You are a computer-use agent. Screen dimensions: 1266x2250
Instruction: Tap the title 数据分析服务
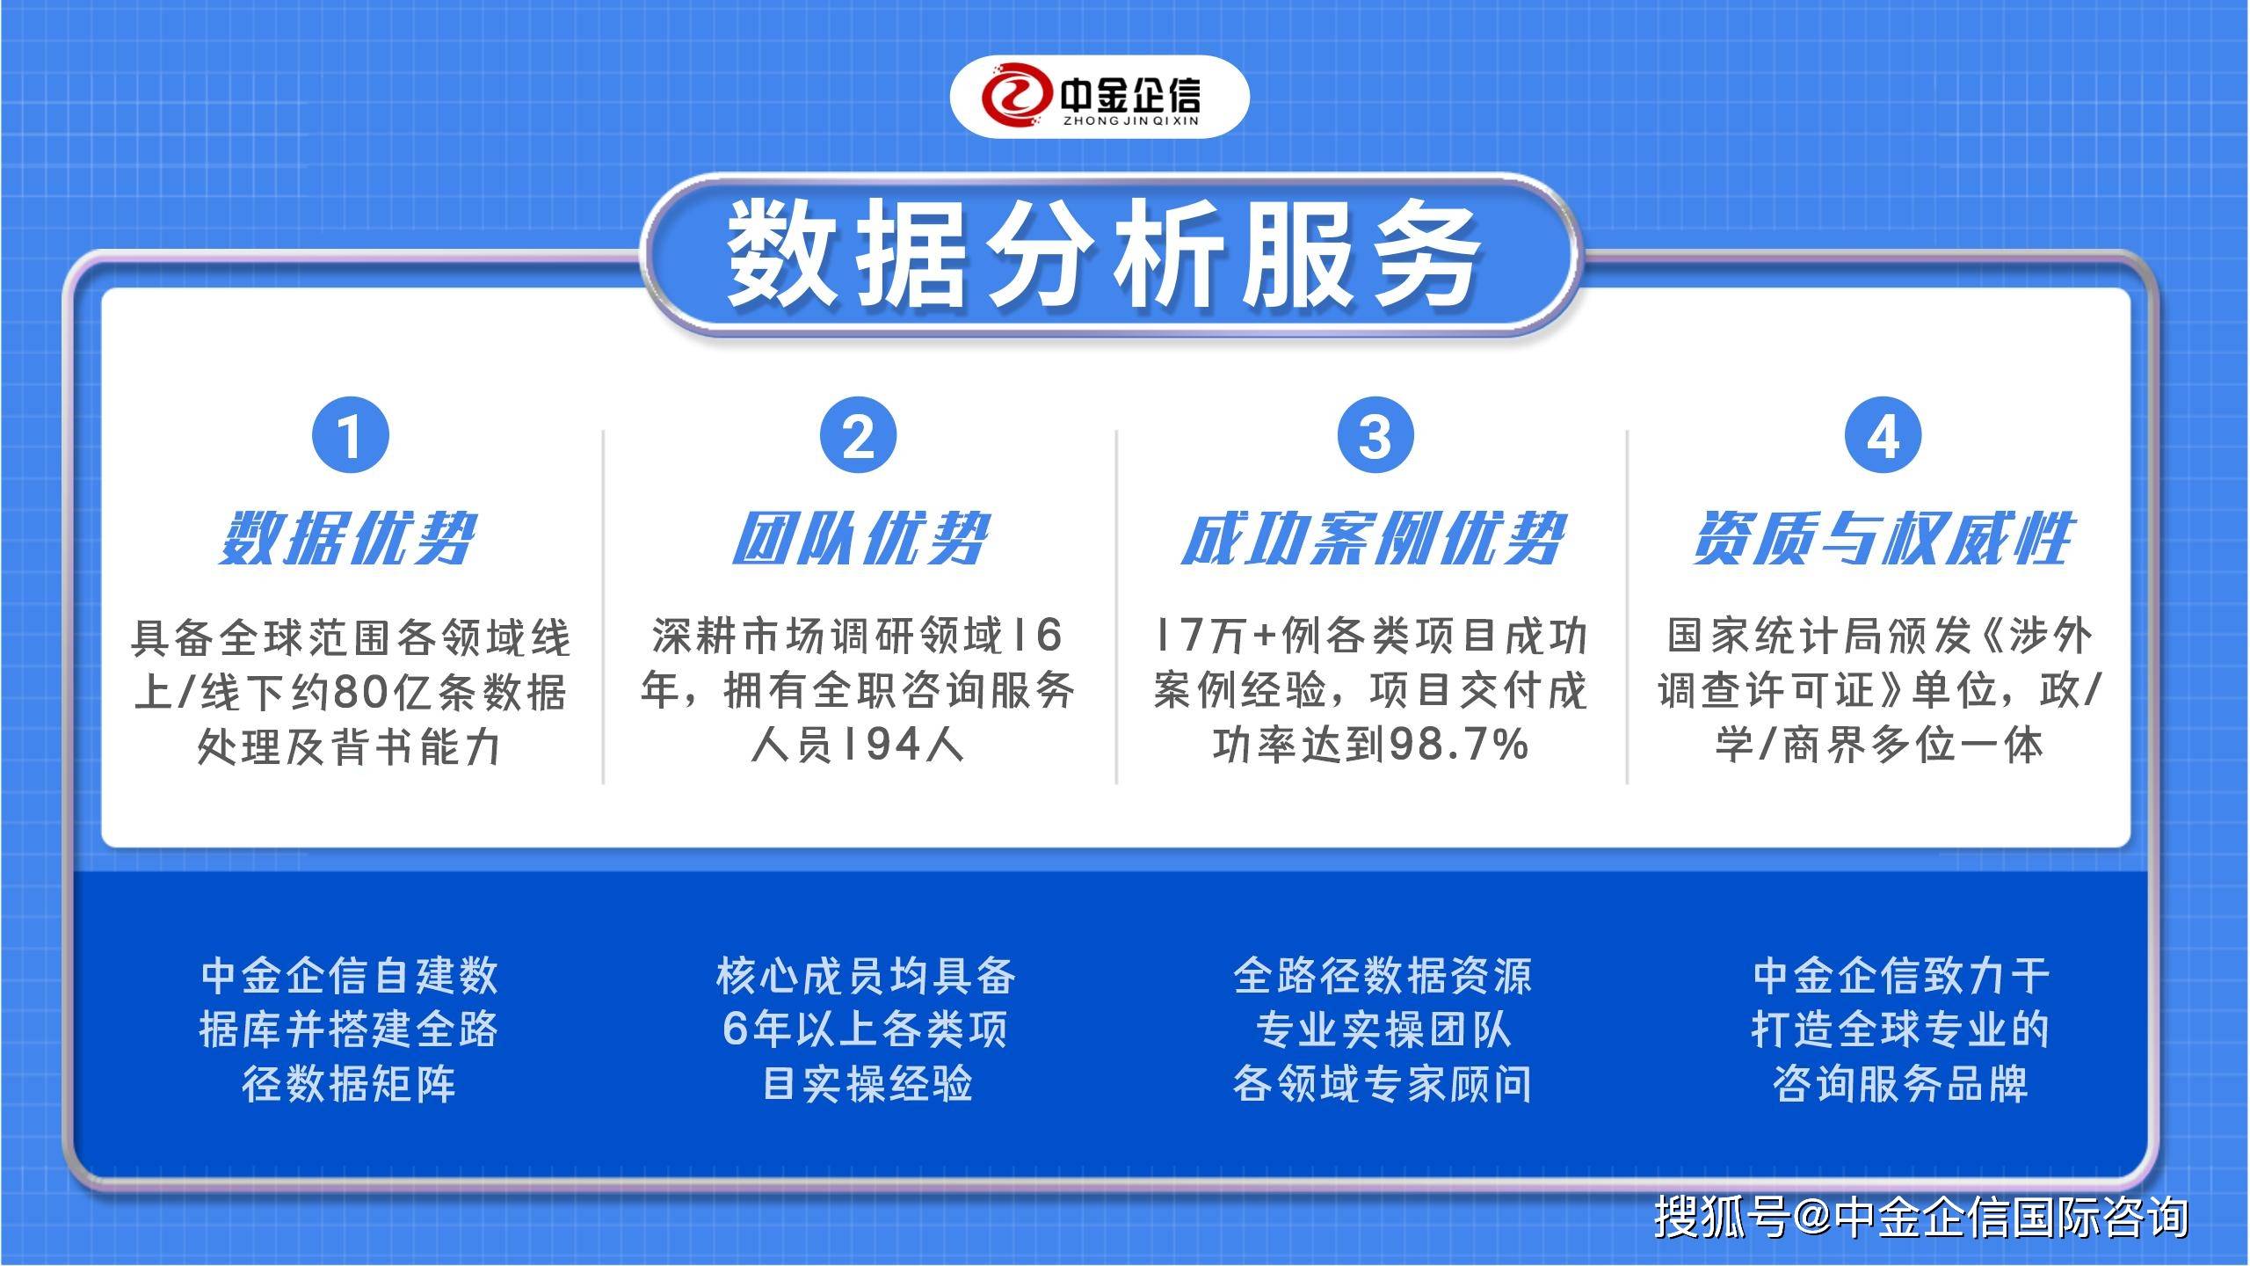pyautogui.click(x=1104, y=254)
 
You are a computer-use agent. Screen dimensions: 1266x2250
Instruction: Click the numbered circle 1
pyautogui.click(x=350, y=435)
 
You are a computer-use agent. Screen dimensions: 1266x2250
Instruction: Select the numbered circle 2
pyautogui.click(x=859, y=435)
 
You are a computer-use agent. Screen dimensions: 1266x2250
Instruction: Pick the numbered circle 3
pyautogui.click(x=1375, y=435)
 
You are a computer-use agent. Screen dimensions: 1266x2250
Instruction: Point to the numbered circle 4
pyautogui.click(x=1883, y=435)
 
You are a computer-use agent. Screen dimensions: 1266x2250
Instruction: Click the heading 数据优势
pyautogui.click(x=348, y=539)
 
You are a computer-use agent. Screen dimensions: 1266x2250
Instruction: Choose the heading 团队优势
pyautogui.click(x=861, y=539)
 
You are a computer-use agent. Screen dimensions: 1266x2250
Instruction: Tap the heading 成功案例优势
pyautogui.click(x=1373, y=539)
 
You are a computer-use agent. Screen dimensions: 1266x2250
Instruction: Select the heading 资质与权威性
pyautogui.click(x=1883, y=539)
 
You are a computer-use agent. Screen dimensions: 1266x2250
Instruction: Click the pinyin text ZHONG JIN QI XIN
pyautogui.click(x=1130, y=121)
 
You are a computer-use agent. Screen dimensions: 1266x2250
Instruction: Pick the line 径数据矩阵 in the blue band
pyautogui.click(x=350, y=1083)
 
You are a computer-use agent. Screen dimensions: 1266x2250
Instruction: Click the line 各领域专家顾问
pyautogui.click(x=1382, y=1083)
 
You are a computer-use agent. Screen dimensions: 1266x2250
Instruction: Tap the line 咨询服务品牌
pyautogui.click(x=1900, y=1083)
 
